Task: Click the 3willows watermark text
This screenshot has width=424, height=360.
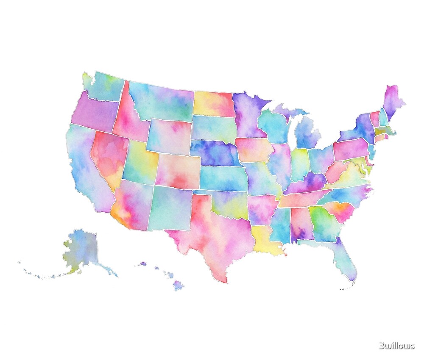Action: [396, 346]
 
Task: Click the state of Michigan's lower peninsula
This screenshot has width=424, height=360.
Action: [308, 133]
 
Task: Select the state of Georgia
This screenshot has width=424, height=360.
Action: [324, 222]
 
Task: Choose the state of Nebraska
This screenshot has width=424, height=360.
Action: [214, 152]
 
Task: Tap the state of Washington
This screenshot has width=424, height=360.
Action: [104, 87]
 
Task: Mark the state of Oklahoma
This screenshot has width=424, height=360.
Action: [229, 203]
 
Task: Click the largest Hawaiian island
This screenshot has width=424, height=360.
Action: [179, 285]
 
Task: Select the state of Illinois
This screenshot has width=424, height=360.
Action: [280, 163]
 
